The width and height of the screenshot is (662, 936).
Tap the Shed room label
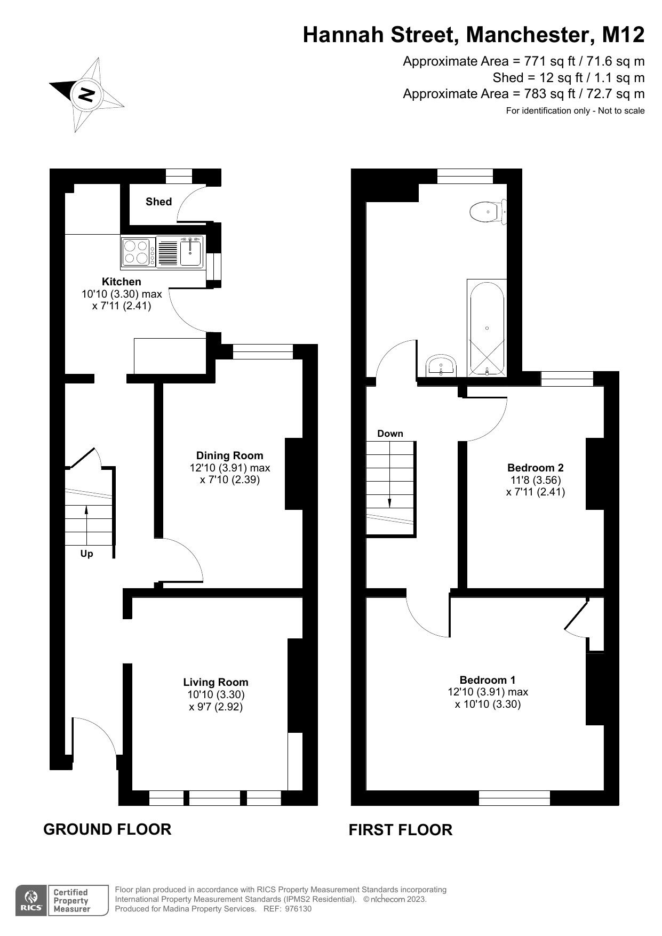coord(158,202)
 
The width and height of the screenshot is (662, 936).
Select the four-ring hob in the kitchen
coord(135,252)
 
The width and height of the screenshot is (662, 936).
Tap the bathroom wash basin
coord(441,365)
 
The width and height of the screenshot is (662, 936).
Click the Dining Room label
coord(229,455)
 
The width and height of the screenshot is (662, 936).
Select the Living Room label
coord(216,682)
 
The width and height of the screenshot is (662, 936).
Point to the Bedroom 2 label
coord(535,468)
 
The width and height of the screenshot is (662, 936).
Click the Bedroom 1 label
coord(488,680)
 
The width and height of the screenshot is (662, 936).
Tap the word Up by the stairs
coord(86,554)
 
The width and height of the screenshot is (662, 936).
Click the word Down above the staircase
coord(390,434)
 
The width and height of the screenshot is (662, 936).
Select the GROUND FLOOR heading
coord(107,829)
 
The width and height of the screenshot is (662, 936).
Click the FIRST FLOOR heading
coord(400,830)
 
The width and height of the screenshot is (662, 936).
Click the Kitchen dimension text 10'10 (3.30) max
coord(122,294)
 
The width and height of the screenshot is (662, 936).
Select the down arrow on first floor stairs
coord(389,502)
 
